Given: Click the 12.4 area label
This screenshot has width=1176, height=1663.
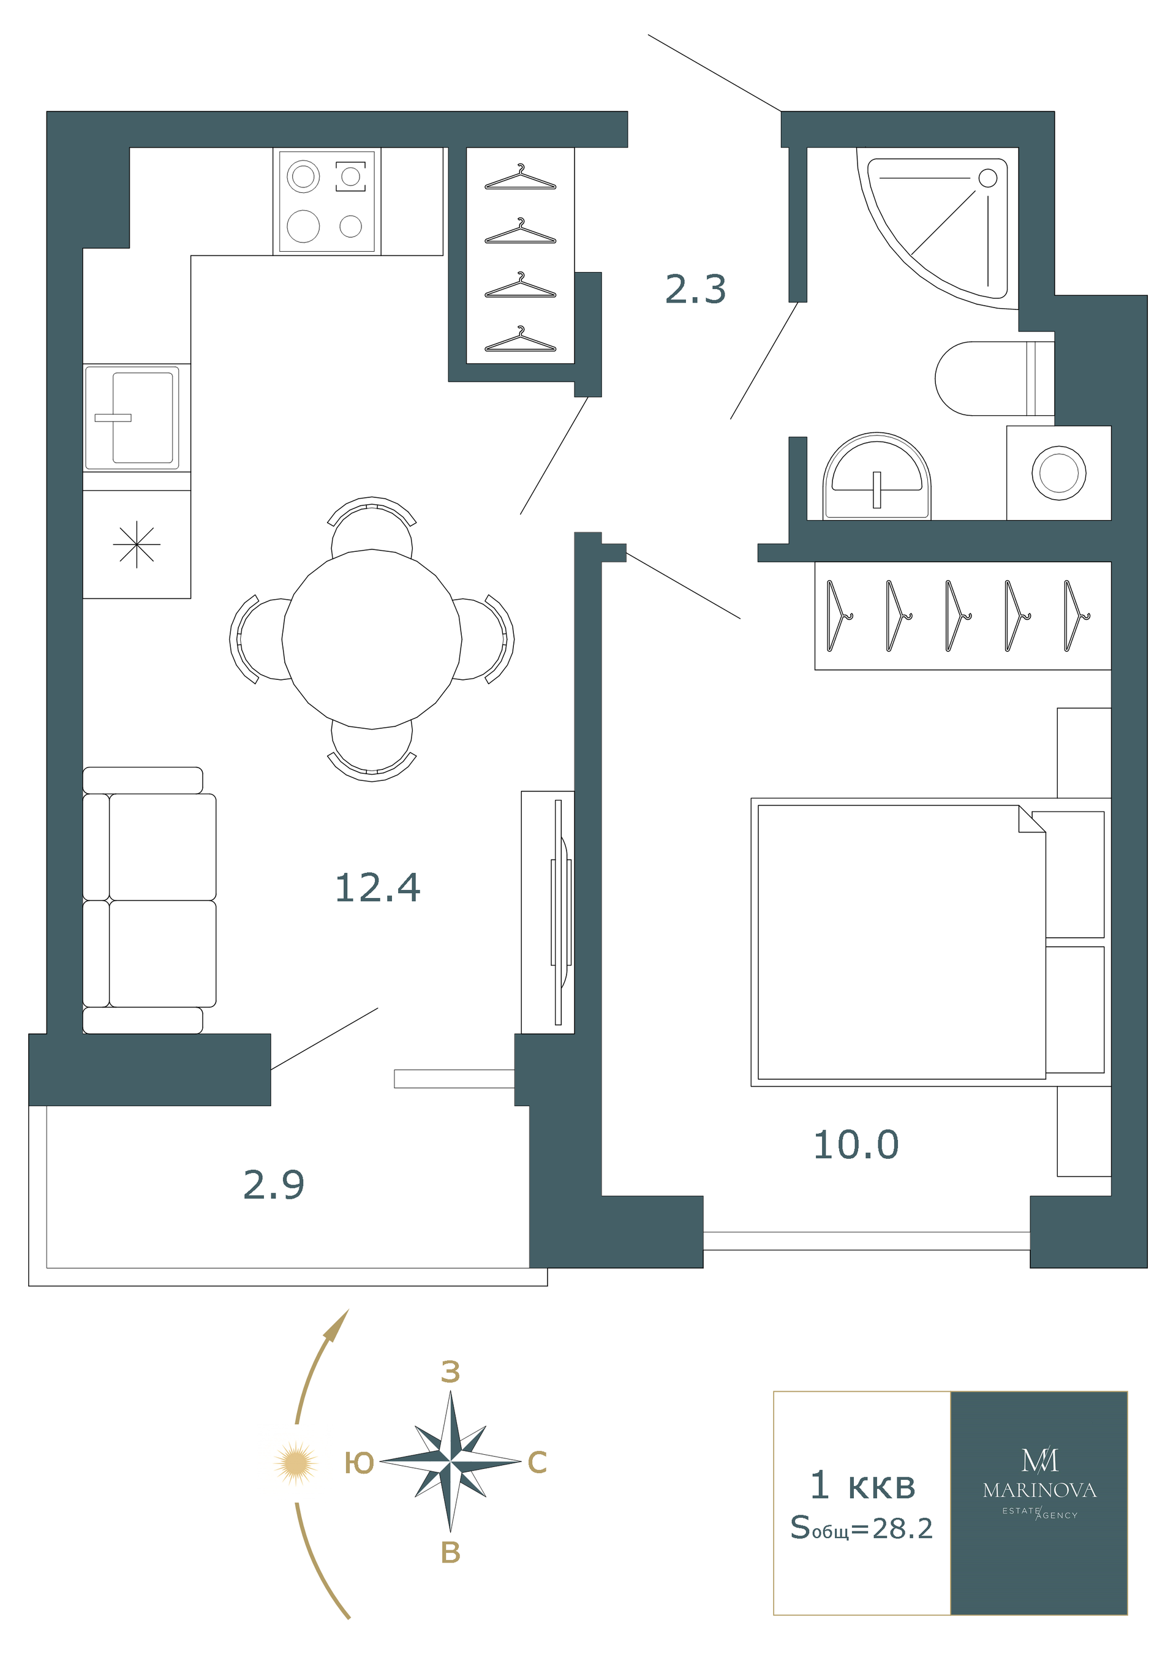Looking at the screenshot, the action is [x=377, y=888].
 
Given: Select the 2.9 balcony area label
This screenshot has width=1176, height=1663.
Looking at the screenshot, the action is [x=274, y=1185].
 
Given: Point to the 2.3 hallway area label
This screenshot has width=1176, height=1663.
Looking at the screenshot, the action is [x=695, y=289].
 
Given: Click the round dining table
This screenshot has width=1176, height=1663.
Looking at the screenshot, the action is [x=372, y=639].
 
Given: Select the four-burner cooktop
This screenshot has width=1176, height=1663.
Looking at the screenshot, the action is [x=327, y=202].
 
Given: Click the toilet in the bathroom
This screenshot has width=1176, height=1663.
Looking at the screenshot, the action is [x=994, y=378].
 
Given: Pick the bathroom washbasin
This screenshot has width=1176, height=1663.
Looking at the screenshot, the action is [x=876, y=476].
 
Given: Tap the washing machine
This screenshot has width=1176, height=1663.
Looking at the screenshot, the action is [x=1058, y=473].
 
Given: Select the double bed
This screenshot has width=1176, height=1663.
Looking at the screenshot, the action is [x=930, y=941].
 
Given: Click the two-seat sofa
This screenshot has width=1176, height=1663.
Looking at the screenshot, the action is [x=149, y=900].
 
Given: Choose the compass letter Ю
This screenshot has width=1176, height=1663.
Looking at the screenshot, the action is [x=358, y=1463].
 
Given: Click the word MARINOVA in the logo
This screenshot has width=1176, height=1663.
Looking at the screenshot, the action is [x=1039, y=1490].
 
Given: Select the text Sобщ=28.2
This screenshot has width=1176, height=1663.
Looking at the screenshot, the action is [x=861, y=1528].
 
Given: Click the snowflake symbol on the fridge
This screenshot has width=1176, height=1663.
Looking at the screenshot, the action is [x=137, y=545].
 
